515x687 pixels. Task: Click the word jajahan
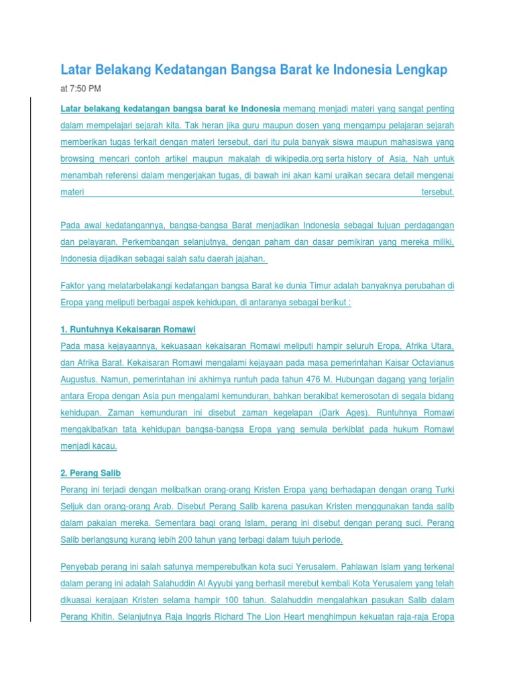(247, 258)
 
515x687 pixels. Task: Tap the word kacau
(108, 447)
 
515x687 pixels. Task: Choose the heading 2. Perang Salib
(91, 474)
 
